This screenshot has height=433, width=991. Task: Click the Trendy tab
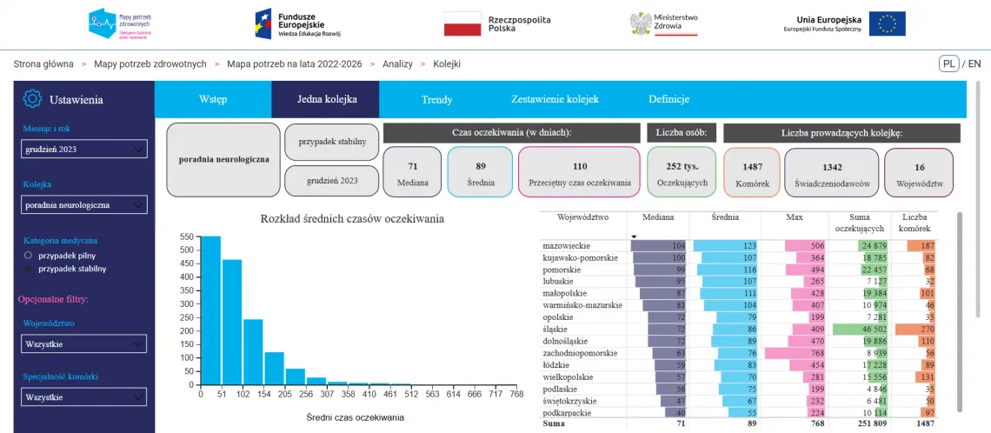click(436, 99)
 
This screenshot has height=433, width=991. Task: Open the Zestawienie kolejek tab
click(555, 99)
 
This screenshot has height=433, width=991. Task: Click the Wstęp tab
click(213, 99)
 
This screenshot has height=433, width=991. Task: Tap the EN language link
click(974, 63)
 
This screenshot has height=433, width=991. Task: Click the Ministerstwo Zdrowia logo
click(664, 23)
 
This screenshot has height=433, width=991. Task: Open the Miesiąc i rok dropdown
click(84, 150)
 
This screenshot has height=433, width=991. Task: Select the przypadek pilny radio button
click(28, 256)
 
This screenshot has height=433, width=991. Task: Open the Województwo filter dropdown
click(84, 344)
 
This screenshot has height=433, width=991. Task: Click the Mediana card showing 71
click(413, 172)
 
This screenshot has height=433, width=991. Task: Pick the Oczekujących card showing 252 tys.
click(683, 172)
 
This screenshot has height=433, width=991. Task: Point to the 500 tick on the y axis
click(185, 250)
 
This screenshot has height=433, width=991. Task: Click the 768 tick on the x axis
click(517, 394)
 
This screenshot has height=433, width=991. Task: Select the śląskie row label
click(556, 330)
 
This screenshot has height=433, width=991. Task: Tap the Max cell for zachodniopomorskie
click(794, 354)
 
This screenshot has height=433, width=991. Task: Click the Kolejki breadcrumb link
click(447, 64)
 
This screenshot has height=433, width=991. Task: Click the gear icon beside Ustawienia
click(32, 99)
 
